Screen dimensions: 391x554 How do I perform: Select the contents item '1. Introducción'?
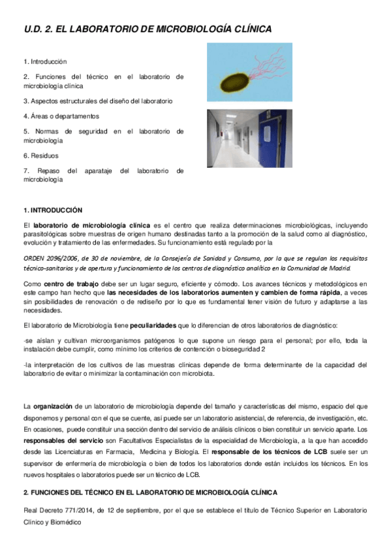click(x=45, y=61)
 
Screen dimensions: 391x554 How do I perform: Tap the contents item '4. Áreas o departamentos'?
click(x=61, y=116)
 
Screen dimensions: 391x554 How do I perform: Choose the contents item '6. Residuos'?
click(x=40, y=155)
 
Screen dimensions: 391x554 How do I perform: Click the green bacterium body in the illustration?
click(x=234, y=80)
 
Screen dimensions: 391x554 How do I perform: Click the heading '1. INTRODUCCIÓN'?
click(x=53, y=210)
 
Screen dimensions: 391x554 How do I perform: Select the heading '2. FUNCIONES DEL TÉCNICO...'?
click(x=150, y=492)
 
